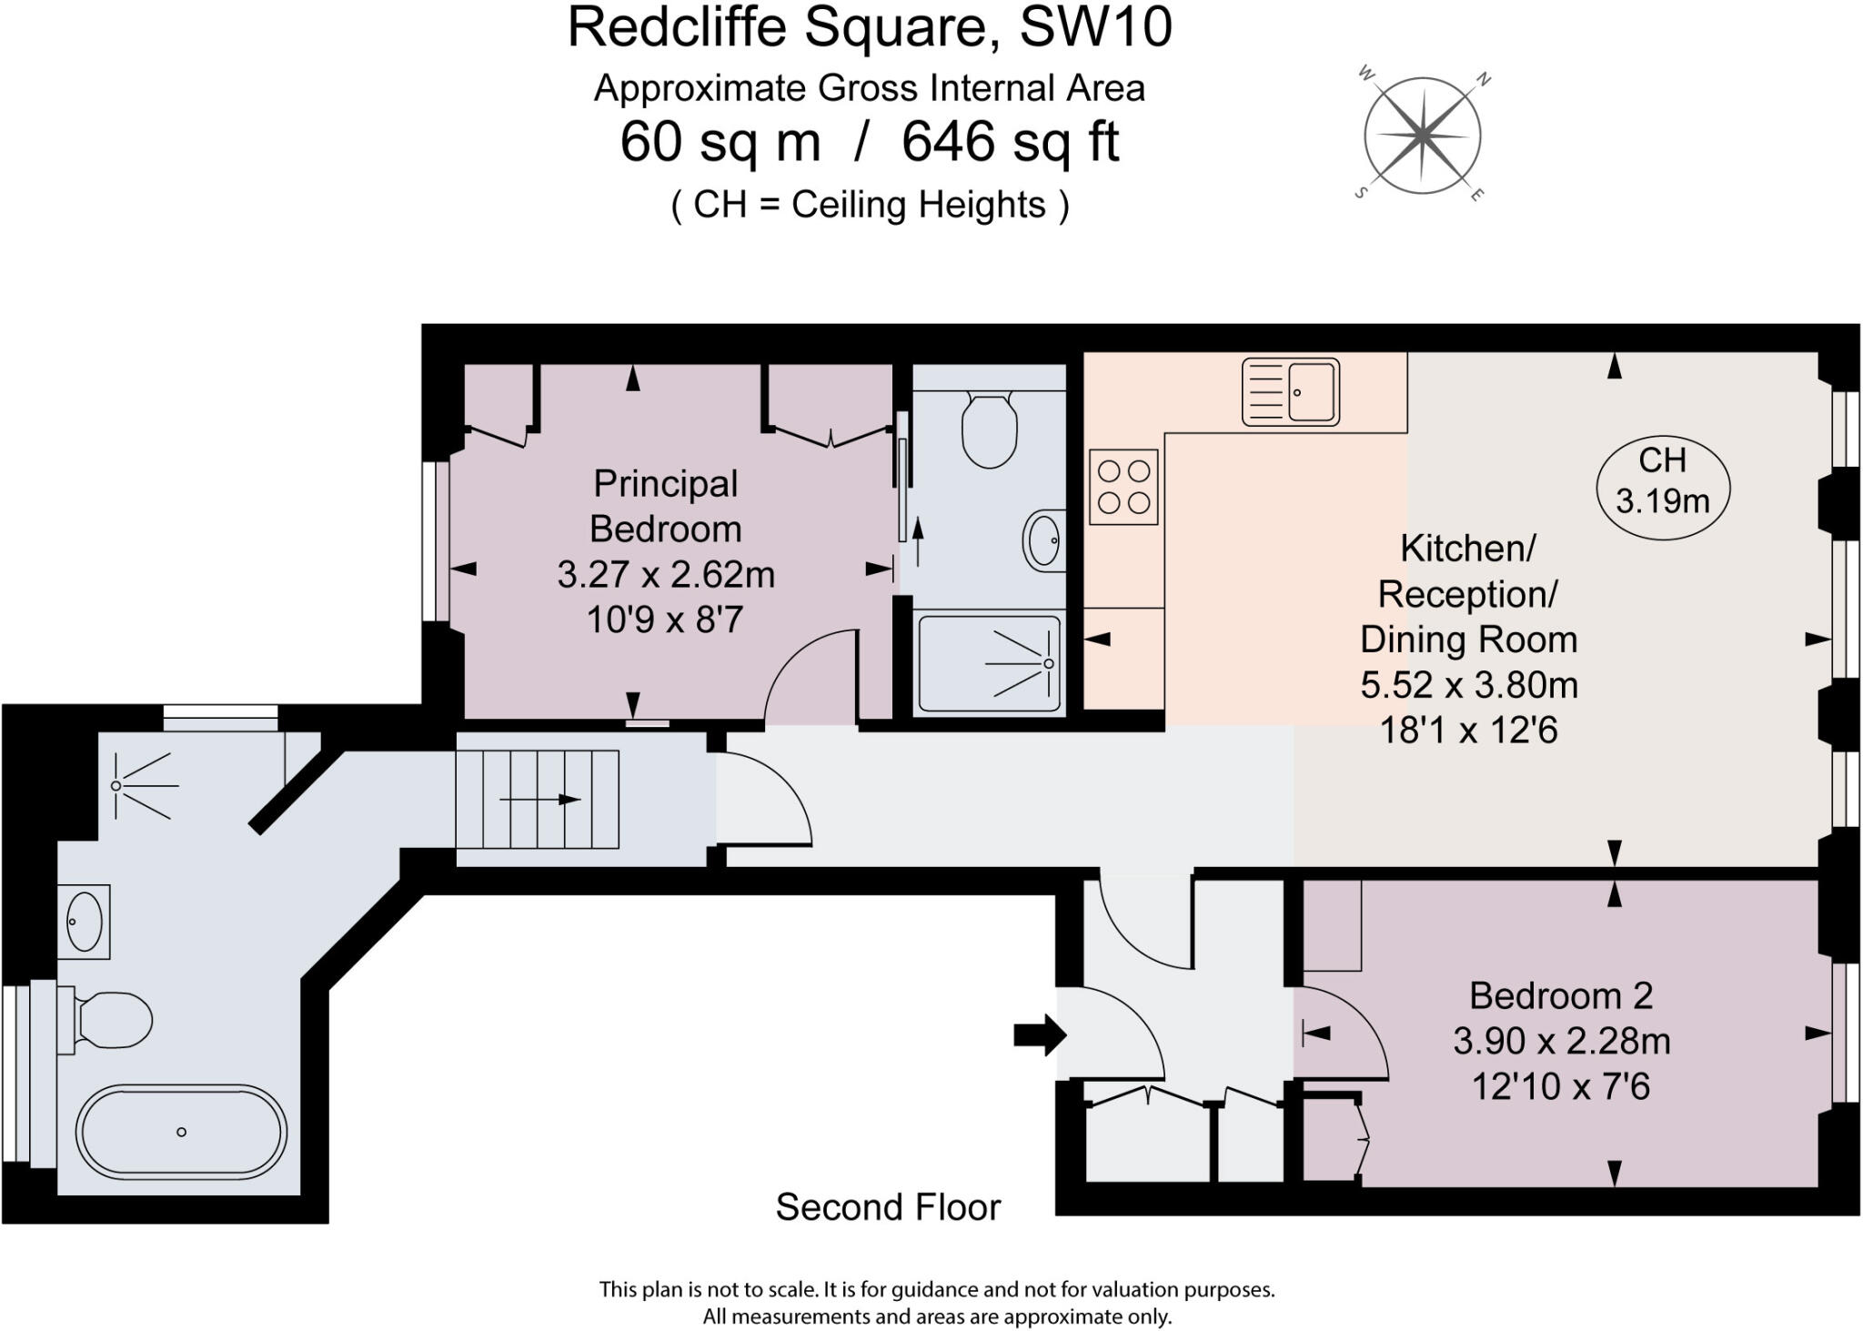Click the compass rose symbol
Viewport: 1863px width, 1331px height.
1423,136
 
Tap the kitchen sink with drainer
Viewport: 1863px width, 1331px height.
1291,392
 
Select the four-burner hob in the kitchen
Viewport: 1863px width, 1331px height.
1123,487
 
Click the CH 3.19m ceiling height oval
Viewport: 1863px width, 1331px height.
1663,481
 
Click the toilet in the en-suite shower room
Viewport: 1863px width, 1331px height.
989,429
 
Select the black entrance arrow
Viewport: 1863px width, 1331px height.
1040,1034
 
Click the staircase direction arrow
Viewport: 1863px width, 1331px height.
540,800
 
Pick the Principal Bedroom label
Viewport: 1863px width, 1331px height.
666,506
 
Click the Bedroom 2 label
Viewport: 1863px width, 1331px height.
1561,995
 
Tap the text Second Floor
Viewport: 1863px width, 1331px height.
888,1207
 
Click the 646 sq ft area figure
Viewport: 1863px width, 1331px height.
1010,143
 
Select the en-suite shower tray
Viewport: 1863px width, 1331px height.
989,663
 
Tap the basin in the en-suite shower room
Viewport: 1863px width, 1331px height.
1044,540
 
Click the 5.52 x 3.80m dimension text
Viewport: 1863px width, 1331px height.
1469,684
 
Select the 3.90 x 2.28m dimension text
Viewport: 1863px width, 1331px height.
1561,1041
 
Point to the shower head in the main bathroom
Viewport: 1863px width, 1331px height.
116,785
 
